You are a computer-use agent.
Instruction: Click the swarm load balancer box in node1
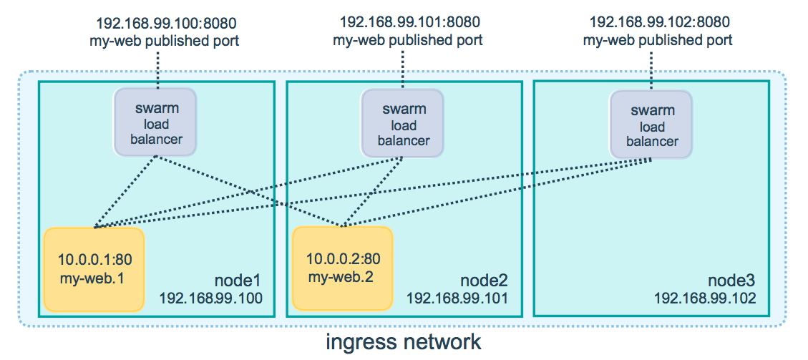[x=155, y=122]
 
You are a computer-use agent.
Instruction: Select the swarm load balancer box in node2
[x=402, y=122]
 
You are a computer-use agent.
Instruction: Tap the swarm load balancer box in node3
[x=650, y=125]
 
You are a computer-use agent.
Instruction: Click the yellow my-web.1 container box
[x=94, y=269]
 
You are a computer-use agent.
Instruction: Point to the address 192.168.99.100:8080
[x=167, y=23]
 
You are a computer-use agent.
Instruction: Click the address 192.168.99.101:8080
[x=409, y=22]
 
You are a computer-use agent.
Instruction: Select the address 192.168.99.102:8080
[x=659, y=22]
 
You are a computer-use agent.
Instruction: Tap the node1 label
[x=238, y=281]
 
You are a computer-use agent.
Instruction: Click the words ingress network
[x=404, y=341]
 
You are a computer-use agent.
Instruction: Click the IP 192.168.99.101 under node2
[x=457, y=298]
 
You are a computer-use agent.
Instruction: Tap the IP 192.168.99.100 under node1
[x=210, y=298]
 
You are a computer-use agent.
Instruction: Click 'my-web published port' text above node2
[x=408, y=39]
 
